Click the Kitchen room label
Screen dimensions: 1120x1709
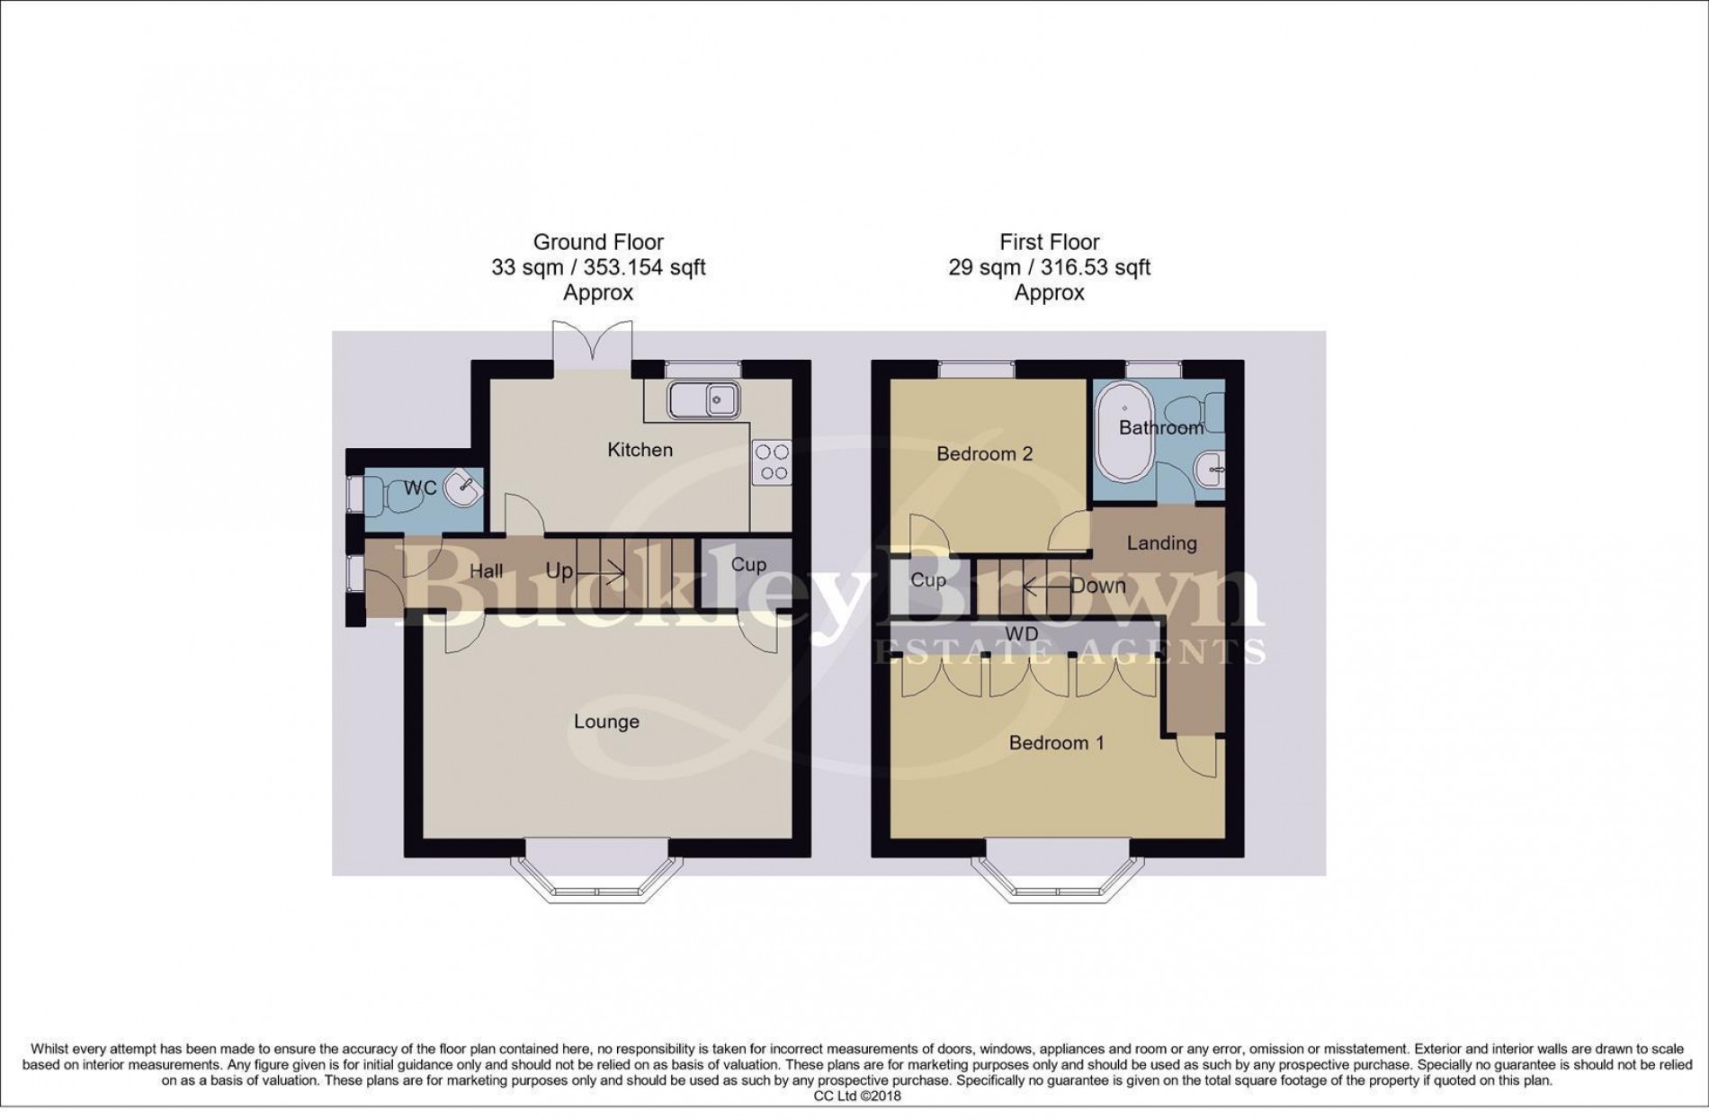(x=640, y=450)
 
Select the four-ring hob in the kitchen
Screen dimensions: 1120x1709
(x=771, y=463)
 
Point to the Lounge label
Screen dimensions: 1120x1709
(x=606, y=721)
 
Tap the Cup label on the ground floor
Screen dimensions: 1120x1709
(x=747, y=565)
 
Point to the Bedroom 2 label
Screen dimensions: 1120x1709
(x=984, y=454)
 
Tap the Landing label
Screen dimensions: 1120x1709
(x=1161, y=543)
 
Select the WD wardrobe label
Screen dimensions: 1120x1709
(x=1021, y=634)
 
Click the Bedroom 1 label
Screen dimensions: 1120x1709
(x=1056, y=743)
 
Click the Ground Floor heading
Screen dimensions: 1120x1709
(x=598, y=242)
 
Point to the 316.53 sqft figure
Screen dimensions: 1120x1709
(x=1095, y=267)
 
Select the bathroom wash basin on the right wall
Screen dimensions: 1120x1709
(x=1211, y=468)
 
